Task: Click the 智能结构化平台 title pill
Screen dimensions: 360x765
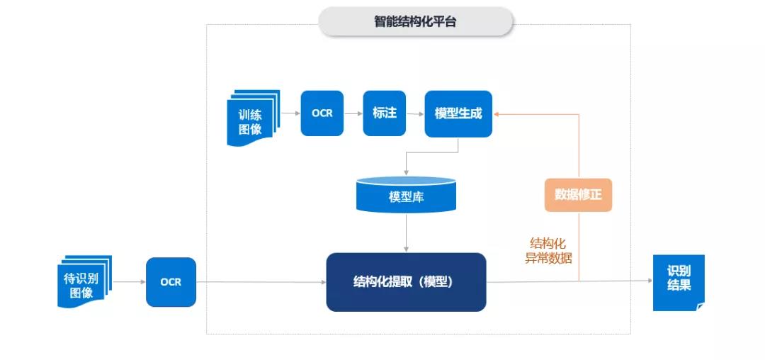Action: coord(415,22)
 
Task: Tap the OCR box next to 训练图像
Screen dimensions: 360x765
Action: coord(322,113)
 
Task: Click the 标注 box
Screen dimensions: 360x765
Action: coord(385,113)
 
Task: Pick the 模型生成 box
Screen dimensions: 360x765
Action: coord(458,113)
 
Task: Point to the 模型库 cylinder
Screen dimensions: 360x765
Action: coord(406,195)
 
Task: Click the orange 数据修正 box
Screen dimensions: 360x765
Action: coord(578,194)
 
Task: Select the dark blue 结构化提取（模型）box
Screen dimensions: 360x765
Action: coord(406,281)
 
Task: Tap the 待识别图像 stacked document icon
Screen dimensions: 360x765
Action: coord(84,281)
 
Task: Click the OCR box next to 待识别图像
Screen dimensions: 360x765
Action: coord(171,281)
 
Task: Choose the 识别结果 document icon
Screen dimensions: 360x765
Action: coord(678,281)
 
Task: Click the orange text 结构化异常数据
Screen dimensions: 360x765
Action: coord(548,251)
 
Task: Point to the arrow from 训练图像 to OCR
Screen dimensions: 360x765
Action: coord(290,113)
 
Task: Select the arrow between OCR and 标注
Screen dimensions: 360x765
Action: coord(353,113)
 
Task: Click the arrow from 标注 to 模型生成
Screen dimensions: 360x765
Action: coord(415,113)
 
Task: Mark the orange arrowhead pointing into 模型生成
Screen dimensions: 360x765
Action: coord(497,113)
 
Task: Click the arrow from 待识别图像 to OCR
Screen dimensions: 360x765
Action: coord(128,281)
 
